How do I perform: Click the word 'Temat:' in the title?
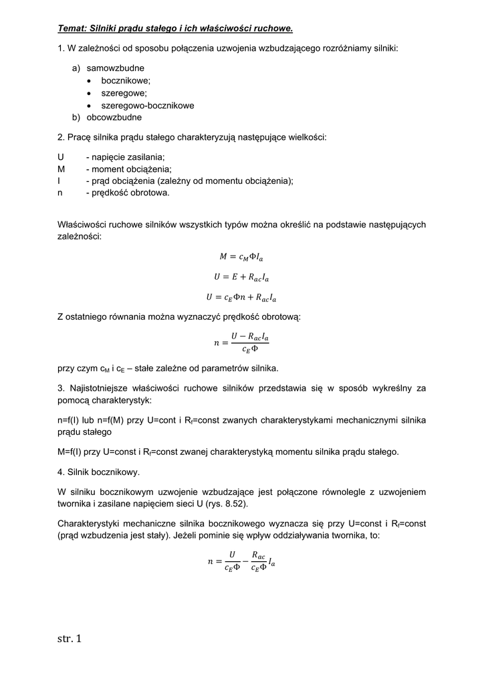pos(73,29)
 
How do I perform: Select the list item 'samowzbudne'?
pos(115,68)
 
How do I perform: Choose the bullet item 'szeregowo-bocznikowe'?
pos(148,105)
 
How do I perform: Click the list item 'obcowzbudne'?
pos(114,117)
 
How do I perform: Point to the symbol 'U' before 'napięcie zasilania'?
pos(61,157)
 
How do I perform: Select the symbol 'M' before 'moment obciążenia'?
pos(62,169)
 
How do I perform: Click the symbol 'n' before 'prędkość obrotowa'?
pos(60,193)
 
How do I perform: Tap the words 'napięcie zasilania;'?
pos(128,157)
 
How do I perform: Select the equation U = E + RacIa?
pos(241,276)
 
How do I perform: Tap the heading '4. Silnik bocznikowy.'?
pos(99,472)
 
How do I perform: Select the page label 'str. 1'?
pos(69,639)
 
